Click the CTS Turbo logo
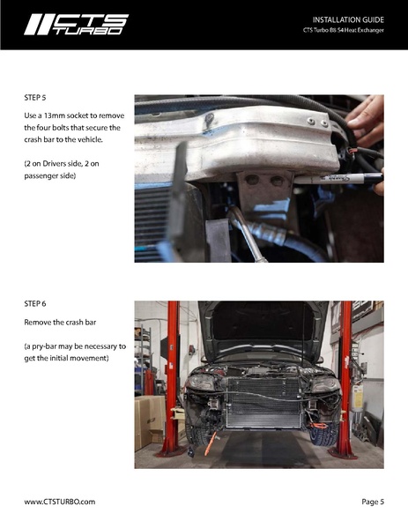pos(76,25)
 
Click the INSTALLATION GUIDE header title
pos(348,20)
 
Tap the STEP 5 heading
pos(35,98)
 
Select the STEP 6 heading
pos(35,304)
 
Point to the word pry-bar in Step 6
pos(46,346)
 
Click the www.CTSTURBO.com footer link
pos(60,502)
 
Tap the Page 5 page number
pos(373,502)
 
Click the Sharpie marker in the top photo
pos(338,178)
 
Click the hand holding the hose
pos(366,122)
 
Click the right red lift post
pos(345,379)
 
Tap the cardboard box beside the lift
pos(150,421)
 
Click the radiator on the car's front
pos(263,403)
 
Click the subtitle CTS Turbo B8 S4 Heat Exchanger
pos(343,30)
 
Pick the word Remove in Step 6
pos(36,323)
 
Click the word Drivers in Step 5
pos(55,164)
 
